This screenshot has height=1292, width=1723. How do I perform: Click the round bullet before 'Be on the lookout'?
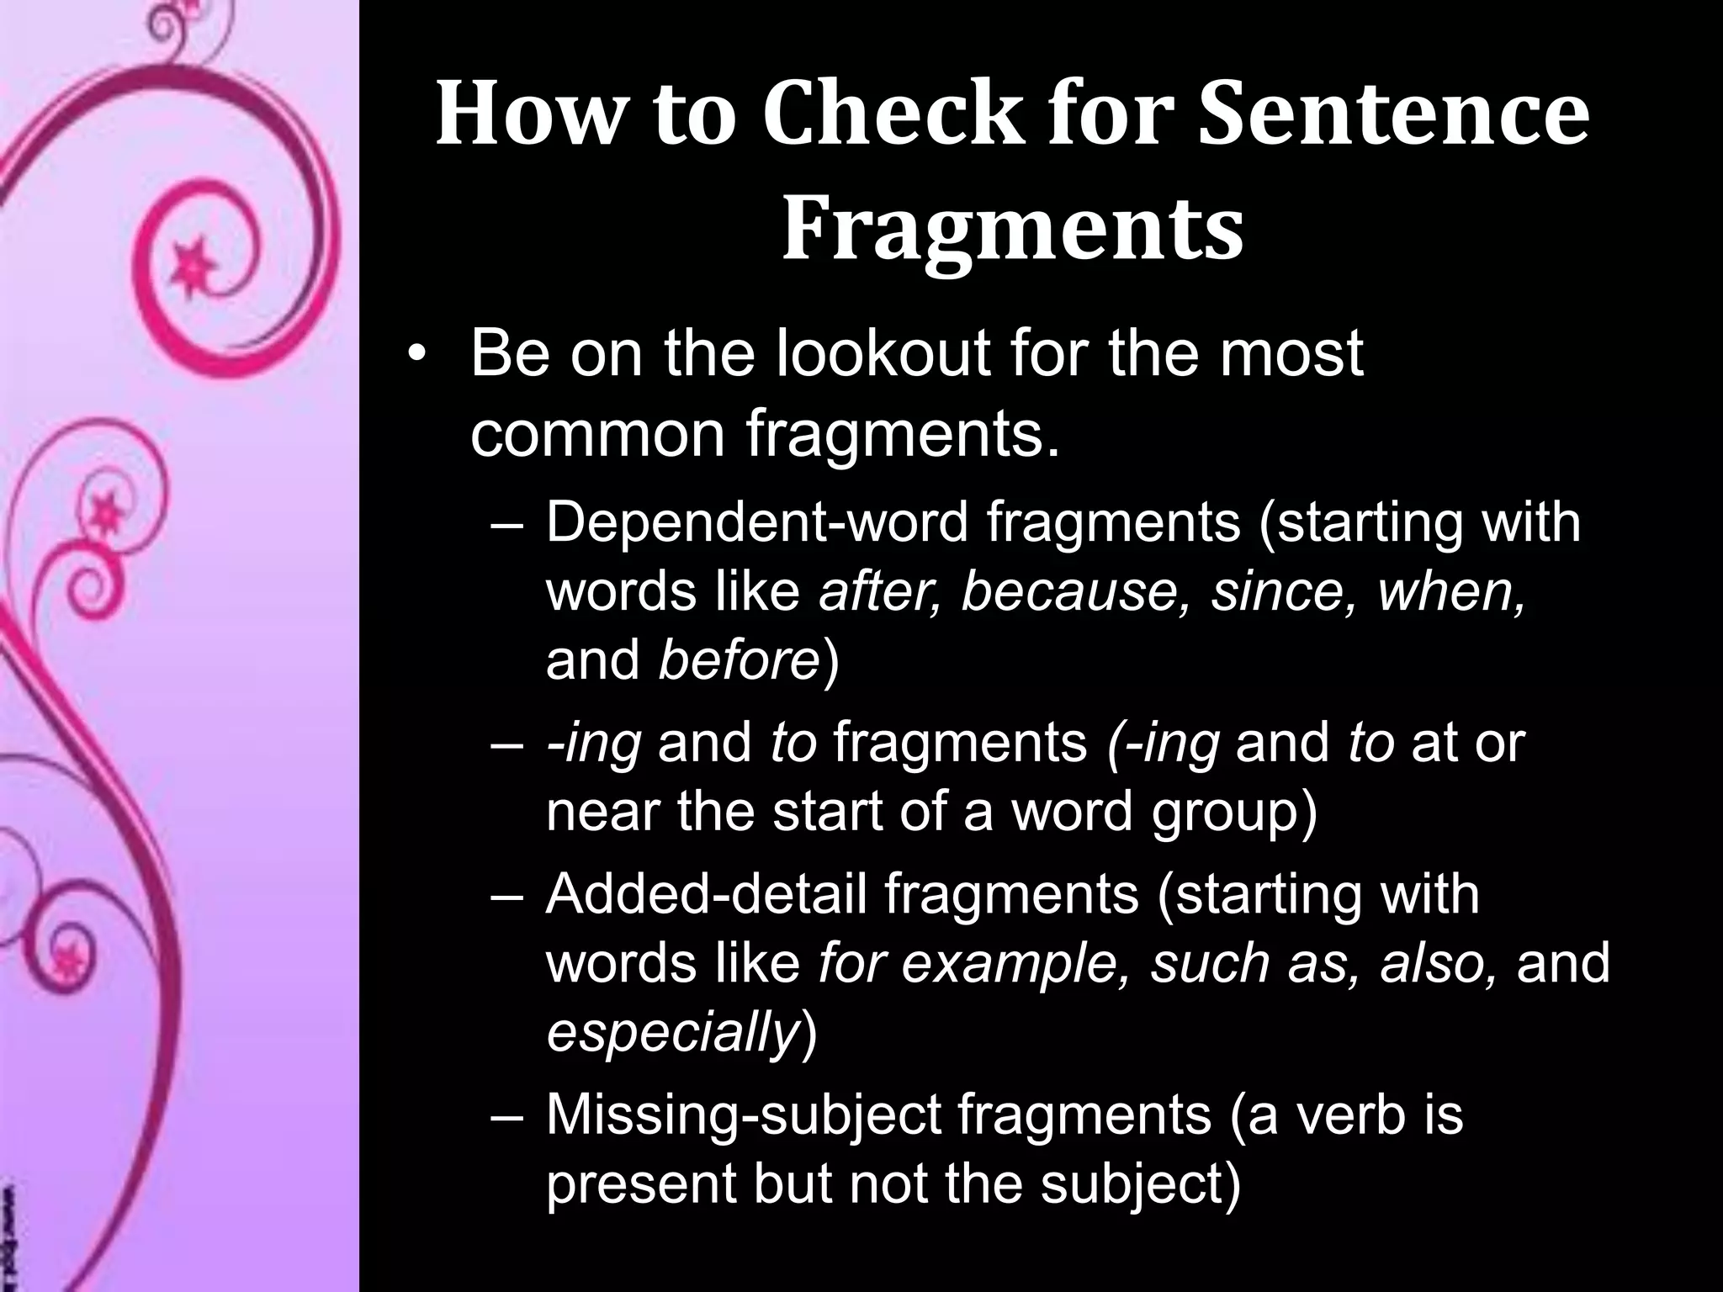click(414, 357)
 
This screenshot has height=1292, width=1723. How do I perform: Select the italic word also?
click(1438, 963)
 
